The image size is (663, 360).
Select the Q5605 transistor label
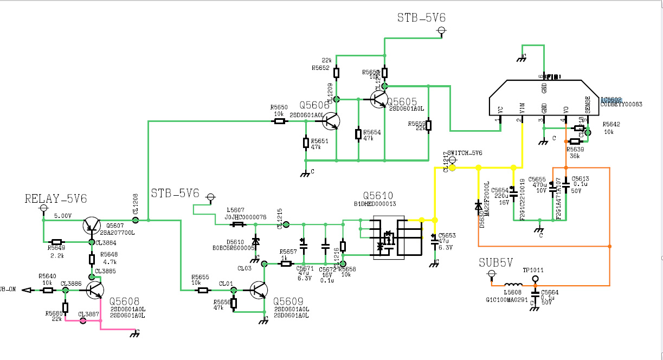point(403,101)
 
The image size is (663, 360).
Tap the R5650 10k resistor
point(280,121)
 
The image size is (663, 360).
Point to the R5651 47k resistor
point(306,143)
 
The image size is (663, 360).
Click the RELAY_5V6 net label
point(56,199)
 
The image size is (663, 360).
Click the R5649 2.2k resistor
point(57,242)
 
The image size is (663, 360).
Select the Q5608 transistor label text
point(125,301)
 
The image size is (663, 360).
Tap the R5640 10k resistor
point(48,290)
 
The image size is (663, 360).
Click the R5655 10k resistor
point(203,290)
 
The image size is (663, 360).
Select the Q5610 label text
point(378,196)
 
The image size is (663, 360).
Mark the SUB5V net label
point(495,263)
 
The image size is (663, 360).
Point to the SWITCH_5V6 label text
point(465,153)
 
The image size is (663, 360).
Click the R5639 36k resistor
point(575,141)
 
